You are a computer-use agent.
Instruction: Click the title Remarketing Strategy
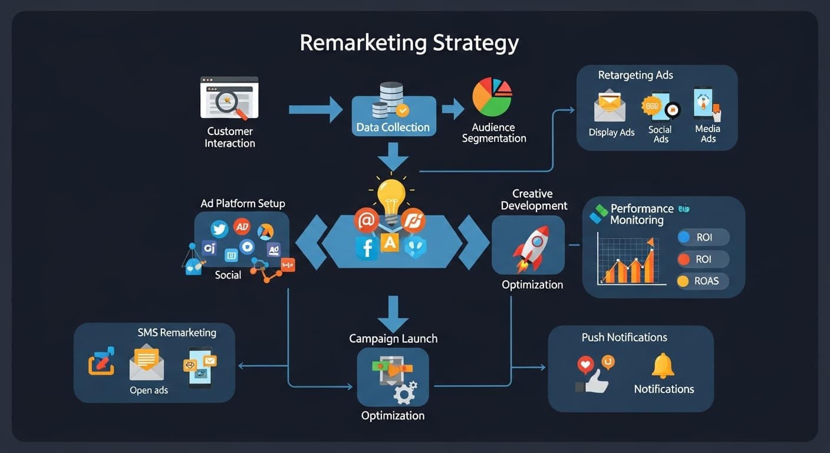409,43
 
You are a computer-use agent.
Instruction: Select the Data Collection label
393,127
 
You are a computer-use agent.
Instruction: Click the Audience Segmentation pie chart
492,97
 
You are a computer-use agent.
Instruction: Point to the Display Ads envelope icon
610,107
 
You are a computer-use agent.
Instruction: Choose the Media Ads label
708,133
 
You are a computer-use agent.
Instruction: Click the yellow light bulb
391,196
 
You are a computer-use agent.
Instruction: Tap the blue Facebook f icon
367,248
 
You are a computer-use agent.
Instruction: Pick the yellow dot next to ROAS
683,281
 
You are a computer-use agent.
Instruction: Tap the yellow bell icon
663,365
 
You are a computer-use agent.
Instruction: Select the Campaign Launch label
393,339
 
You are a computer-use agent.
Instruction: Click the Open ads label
149,390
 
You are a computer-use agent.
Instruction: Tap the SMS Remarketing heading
177,333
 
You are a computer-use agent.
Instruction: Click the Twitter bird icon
219,229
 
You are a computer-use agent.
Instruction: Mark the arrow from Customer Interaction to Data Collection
315,109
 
